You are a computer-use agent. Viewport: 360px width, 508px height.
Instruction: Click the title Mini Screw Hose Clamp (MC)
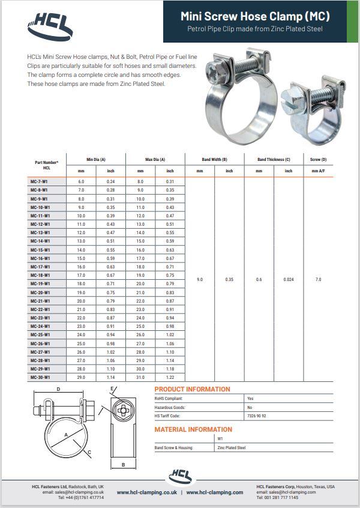(255, 17)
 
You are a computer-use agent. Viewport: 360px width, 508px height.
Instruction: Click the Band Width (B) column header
(214, 159)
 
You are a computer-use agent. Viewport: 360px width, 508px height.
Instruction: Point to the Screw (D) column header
(318, 159)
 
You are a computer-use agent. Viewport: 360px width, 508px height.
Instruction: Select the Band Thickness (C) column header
(274, 159)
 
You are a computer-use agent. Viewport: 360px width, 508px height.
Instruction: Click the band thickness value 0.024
(289, 279)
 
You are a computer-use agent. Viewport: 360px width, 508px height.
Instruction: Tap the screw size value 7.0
(318, 279)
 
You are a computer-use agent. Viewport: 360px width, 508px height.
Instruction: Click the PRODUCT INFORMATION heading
(192, 389)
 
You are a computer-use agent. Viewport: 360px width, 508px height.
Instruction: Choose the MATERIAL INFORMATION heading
(193, 429)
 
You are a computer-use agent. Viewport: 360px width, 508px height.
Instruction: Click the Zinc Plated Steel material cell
(232, 448)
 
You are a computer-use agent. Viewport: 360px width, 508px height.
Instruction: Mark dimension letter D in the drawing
(58, 390)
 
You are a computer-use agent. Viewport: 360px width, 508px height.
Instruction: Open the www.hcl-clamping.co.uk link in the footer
(146, 492)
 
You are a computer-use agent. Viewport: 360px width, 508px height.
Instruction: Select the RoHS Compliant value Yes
(250, 398)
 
